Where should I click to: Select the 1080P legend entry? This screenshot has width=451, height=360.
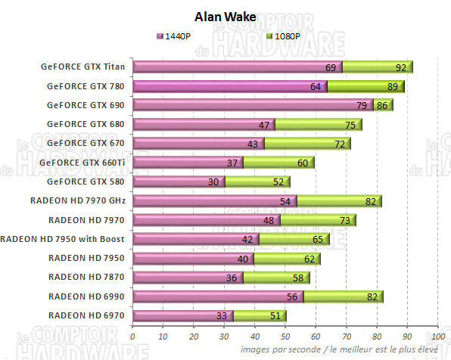tap(286, 36)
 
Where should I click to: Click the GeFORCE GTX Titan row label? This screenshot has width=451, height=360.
tap(86, 67)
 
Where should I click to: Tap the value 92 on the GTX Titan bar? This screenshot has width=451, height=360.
tap(400, 68)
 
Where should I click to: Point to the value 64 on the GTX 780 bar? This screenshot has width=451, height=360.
tap(315, 87)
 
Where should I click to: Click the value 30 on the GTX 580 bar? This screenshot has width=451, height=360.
tap(213, 182)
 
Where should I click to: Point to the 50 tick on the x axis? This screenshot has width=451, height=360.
tap(285, 336)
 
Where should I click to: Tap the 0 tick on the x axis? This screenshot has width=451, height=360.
tap(133, 336)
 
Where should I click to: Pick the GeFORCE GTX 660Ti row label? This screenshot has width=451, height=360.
tap(82, 162)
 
